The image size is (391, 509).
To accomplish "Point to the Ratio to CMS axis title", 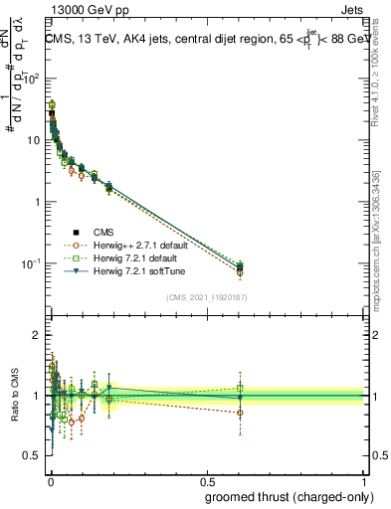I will [15, 395].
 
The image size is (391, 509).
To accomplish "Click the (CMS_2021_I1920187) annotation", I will [206, 297].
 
